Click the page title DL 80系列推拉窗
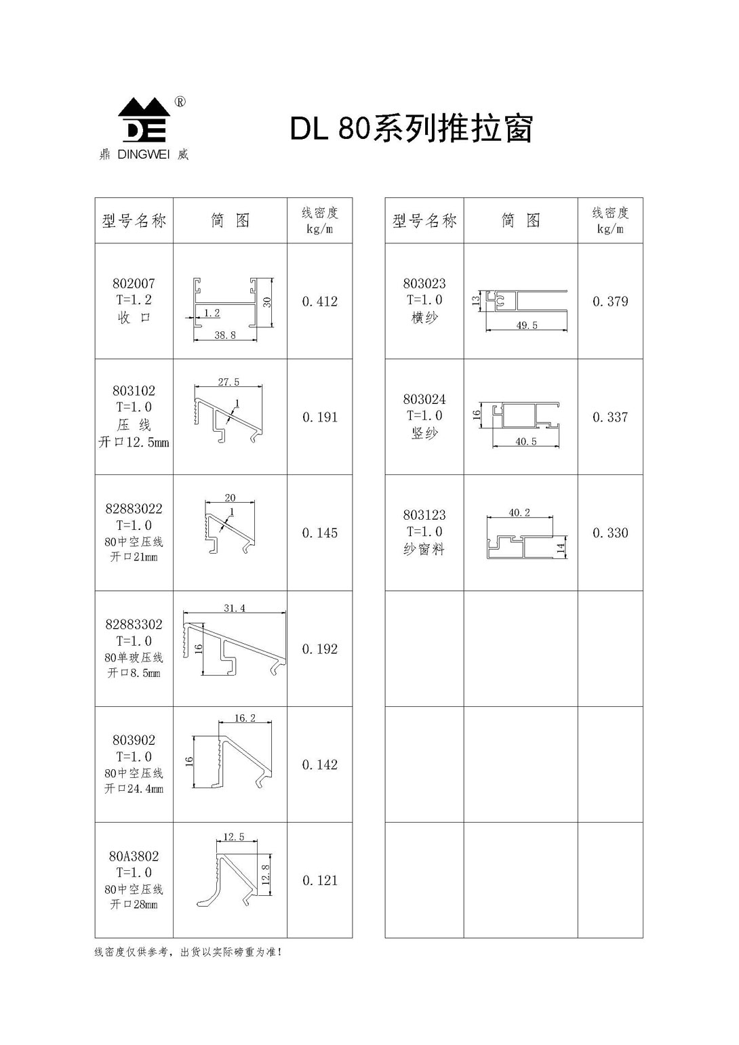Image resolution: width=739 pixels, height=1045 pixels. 412,128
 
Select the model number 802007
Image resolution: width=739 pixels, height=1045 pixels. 134,283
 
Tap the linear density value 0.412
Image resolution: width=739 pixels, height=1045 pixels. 319,302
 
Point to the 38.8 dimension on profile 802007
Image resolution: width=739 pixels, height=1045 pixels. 225,335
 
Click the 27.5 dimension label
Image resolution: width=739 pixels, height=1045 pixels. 228,382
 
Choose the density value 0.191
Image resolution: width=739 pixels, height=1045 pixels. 319,417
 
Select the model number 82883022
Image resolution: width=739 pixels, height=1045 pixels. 134,509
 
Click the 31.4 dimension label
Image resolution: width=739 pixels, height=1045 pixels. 235,608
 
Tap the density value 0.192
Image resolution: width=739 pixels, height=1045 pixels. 319,649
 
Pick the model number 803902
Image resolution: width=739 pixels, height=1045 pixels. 134,740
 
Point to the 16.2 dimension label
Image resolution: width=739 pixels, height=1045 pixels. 245,718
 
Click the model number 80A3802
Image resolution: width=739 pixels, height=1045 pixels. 134,856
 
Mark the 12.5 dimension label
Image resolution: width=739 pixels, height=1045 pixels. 234,837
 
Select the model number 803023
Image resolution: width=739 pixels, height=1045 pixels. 424,283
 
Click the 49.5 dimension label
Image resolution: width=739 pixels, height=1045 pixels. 527,325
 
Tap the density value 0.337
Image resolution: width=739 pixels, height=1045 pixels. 610,417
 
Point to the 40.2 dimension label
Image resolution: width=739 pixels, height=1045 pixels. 519,513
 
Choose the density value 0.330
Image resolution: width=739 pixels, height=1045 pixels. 610,533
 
